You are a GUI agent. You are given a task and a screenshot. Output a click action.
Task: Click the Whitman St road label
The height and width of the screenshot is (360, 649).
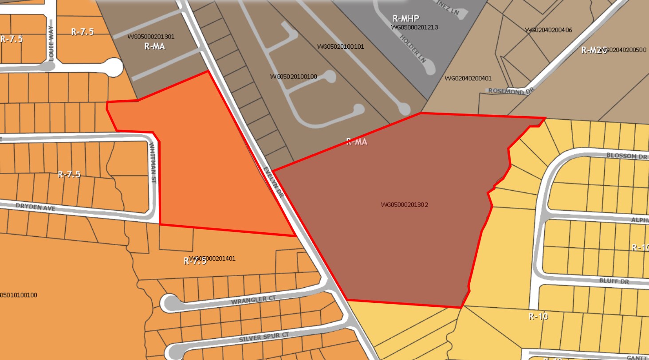(x=153, y=163)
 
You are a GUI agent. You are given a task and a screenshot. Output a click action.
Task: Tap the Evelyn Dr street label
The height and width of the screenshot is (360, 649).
(x=273, y=182)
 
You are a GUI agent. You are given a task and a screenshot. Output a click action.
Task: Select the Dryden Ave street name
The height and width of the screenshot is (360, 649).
(x=35, y=207)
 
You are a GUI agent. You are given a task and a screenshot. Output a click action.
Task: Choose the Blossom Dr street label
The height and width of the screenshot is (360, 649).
(x=627, y=156)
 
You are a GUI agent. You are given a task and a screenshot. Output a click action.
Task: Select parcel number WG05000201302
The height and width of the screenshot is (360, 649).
(x=404, y=205)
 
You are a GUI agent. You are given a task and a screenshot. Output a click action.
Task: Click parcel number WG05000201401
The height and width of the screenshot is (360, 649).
(x=212, y=258)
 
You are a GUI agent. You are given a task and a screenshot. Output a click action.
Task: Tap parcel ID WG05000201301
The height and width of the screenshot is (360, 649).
(x=151, y=37)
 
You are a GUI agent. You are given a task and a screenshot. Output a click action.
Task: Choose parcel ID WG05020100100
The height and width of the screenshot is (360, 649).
(x=293, y=77)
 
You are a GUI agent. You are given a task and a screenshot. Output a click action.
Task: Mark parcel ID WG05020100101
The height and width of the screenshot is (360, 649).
(x=340, y=47)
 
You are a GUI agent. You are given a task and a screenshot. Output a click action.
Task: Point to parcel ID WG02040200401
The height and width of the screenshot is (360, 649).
(x=468, y=78)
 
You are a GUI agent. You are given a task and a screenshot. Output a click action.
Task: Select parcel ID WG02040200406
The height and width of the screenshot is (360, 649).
(x=548, y=30)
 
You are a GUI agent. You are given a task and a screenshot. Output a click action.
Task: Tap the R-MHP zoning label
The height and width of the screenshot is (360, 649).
(x=406, y=19)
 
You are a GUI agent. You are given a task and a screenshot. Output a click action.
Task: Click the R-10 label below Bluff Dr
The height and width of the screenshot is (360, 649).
(x=538, y=316)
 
